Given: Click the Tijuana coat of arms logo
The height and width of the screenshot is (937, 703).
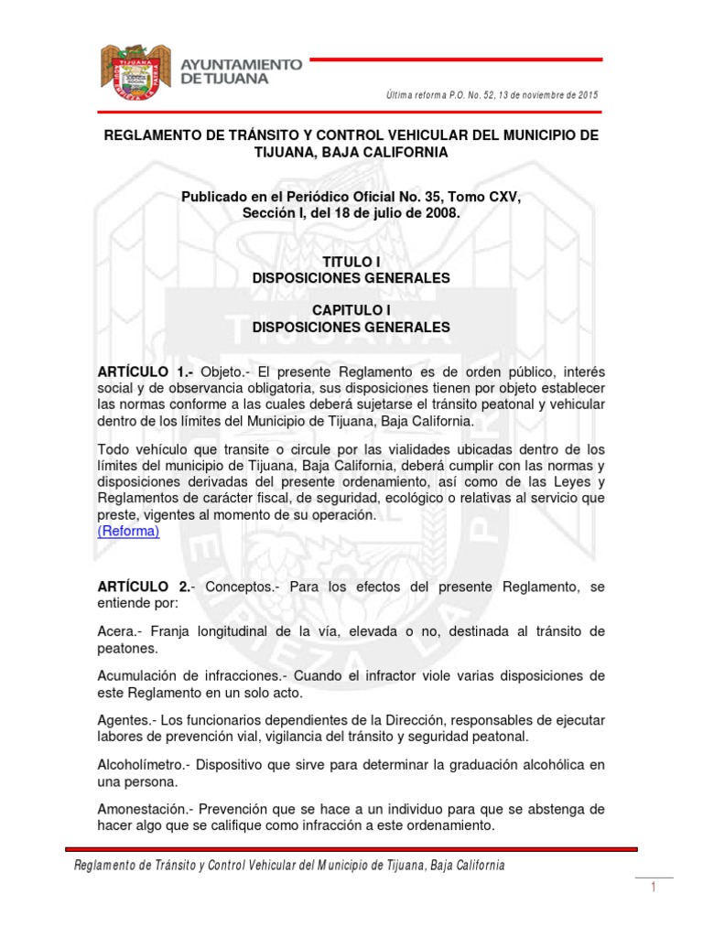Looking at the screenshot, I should tap(135, 72).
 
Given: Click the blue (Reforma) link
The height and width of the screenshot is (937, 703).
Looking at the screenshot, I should tap(128, 531).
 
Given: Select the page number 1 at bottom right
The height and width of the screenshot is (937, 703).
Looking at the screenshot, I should tap(654, 889).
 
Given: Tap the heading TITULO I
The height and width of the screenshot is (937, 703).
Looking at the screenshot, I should tap(351, 262).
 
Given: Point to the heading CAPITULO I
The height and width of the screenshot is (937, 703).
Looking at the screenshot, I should tap(351, 310).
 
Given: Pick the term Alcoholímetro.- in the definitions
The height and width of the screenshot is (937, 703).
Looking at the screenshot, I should tap(142, 763).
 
